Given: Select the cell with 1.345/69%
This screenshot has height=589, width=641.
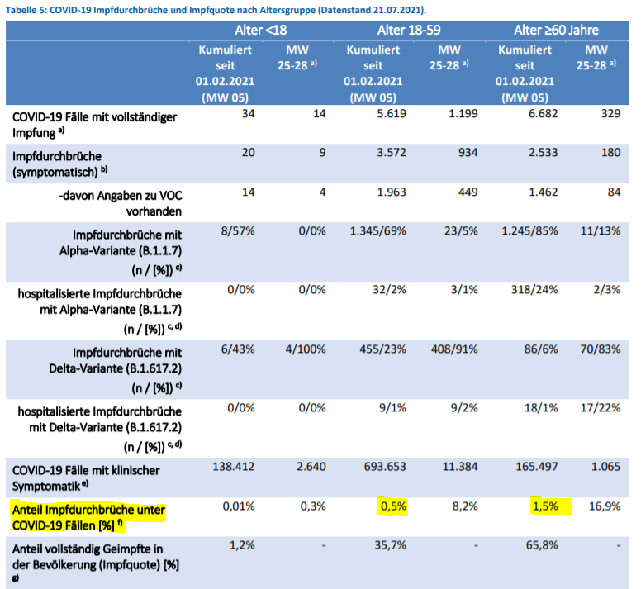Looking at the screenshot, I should (378, 230).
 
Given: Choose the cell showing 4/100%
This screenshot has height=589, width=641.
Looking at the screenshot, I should (306, 349).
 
